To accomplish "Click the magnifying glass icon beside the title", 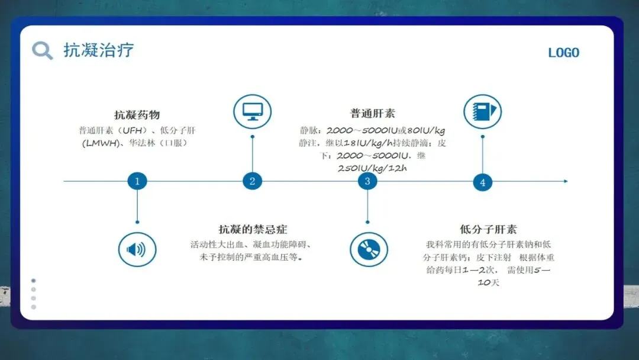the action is pyautogui.click(x=42, y=50).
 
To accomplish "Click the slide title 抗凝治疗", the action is pyautogui.click(x=99, y=50).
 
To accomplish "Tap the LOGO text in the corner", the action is pyautogui.click(x=563, y=53).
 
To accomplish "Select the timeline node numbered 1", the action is pyautogui.click(x=137, y=181).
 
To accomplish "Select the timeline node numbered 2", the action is pyautogui.click(x=252, y=181).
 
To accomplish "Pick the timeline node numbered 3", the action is pyautogui.click(x=367, y=181).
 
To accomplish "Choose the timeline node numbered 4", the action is pyautogui.click(x=482, y=182).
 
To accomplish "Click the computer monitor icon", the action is pyautogui.click(x=253, y=111).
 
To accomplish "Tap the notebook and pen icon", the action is pyautogui.click(x=482, y=111).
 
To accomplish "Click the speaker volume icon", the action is pyautogui.click(x=137, y=249).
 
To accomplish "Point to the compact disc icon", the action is pyautogui.click(x=368, y=249).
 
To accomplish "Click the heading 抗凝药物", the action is pyautogui.click(x=137, y=115).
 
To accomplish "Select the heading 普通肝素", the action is pyautogui.click(x=372, y=114).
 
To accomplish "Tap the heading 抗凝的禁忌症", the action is pyautogui.click(x=253, y=229).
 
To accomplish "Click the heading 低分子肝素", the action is pyautogui.click(x=488, y=229).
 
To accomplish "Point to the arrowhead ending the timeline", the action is pyautogui.click(x=565, y=181).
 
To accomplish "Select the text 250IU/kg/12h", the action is pyautogui.click(x=372, y=168).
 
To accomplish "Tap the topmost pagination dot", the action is pyautogui.click(x=34, y=281).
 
